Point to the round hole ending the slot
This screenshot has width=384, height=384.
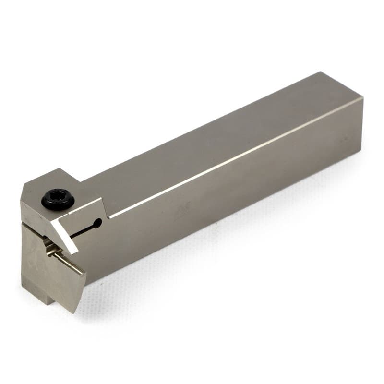(98, 223)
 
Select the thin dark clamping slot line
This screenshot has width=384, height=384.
(84, 230)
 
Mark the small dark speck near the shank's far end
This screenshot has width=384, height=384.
(344, 139)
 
